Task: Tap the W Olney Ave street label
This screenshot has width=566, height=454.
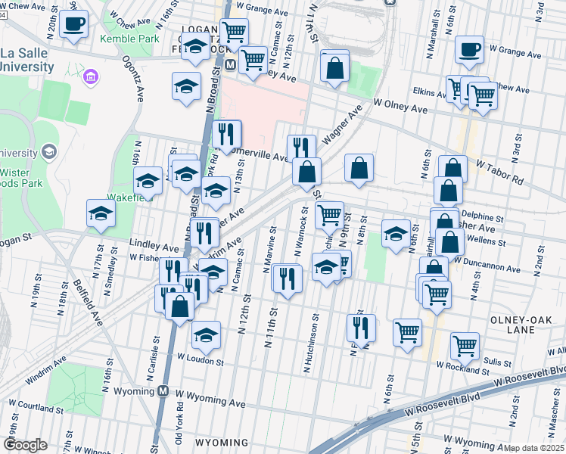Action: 400,106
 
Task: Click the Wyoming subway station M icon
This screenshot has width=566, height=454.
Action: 163,391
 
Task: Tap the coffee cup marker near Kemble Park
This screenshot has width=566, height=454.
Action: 73,23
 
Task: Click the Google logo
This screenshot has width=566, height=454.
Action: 26,445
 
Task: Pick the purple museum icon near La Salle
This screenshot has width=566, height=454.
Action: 91,76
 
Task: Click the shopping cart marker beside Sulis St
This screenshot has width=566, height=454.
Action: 465,345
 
